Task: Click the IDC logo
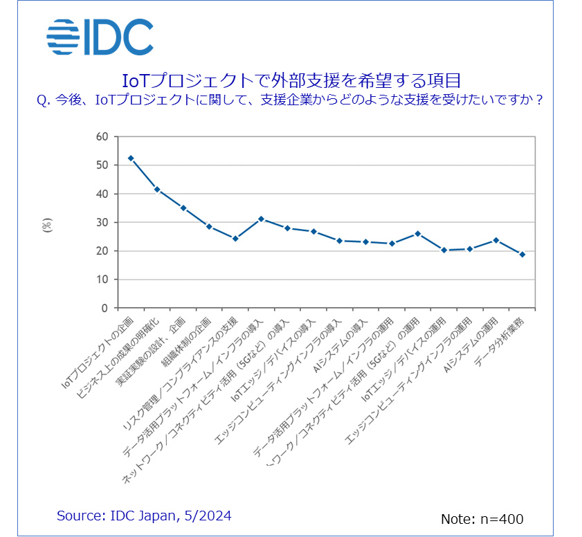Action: tap(100, 37)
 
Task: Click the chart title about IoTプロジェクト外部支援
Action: tap(291, 79)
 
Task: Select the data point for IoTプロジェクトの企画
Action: tap(131, 158)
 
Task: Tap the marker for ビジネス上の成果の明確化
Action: tap(157, 190)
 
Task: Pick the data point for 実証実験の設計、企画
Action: tap(183, 208)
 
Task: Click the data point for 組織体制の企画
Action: tap(209, 226)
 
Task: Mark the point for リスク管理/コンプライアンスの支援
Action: tap(235, 238)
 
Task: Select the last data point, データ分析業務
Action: tap(522, 255)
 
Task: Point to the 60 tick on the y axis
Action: tap(102, 136)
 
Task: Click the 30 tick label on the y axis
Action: tap(102, 222)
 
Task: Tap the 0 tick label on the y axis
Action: tap(105, 308)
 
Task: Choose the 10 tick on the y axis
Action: tap(102, 280)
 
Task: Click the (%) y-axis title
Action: tap(48, 225)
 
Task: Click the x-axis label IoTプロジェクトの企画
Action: tap(97, 350)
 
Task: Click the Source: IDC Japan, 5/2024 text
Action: tap(144, 516)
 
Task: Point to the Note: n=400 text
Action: tap(482, 519)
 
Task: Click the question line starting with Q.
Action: tap(290, 100)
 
